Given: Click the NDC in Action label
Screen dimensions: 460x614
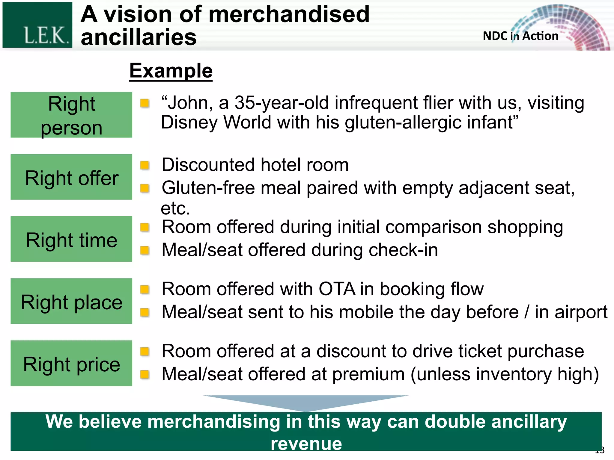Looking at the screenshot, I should tap(520, 36).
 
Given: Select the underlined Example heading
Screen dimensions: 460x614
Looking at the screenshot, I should tap(171, 71).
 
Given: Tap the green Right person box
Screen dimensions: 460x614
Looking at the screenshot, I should tap(71, 115).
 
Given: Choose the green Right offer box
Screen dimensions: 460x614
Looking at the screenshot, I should tap(71, 177).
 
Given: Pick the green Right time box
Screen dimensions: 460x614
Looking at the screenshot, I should tap(71, 239).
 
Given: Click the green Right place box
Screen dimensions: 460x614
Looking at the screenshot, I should tap(71, 301).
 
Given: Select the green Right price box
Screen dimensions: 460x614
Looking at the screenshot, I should tap(71, 363).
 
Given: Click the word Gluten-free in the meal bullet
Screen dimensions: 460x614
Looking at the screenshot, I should tap(208, 188).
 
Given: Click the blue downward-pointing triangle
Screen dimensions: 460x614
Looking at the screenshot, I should tap(306, 402).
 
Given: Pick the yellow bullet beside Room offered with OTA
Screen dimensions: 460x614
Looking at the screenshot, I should tap(145, 289).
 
